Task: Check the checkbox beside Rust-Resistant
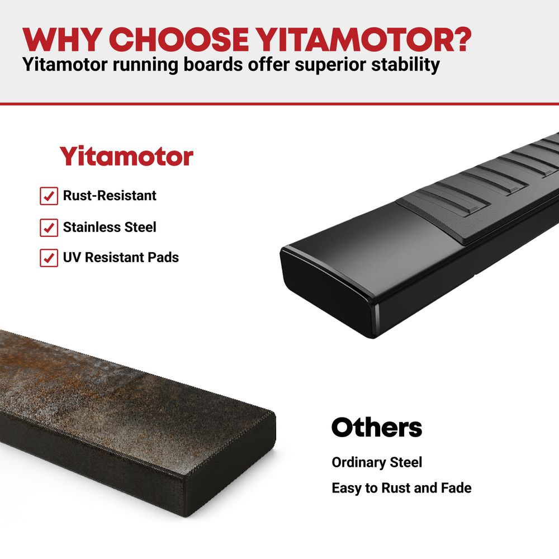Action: point(49,196)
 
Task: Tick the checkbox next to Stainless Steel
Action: point(49,228)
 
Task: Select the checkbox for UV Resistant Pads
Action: point(49,258)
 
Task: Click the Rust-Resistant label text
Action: point(110,195)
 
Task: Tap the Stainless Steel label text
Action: point(110,227)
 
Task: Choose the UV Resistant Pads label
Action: point(121,257)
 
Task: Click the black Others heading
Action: point(377,427)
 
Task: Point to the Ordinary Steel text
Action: point(377,462)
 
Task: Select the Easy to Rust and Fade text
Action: point(401,487)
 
